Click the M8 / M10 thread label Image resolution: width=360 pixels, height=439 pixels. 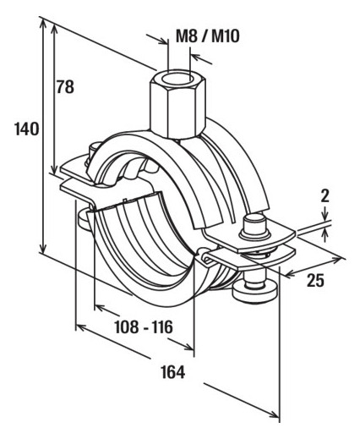click(208, 36)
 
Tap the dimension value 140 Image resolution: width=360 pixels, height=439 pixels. click(27, 129)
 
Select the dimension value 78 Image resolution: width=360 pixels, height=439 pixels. click(65, 87)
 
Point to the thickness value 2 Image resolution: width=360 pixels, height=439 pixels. click(325, 196)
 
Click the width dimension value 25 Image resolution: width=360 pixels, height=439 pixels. click(315, 280)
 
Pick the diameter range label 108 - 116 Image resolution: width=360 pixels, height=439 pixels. click(144, 327)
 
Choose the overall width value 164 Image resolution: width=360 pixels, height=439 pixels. click(173, 372)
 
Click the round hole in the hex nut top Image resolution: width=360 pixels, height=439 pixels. click(179, 77)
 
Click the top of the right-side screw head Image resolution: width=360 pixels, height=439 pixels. click(254, 220)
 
